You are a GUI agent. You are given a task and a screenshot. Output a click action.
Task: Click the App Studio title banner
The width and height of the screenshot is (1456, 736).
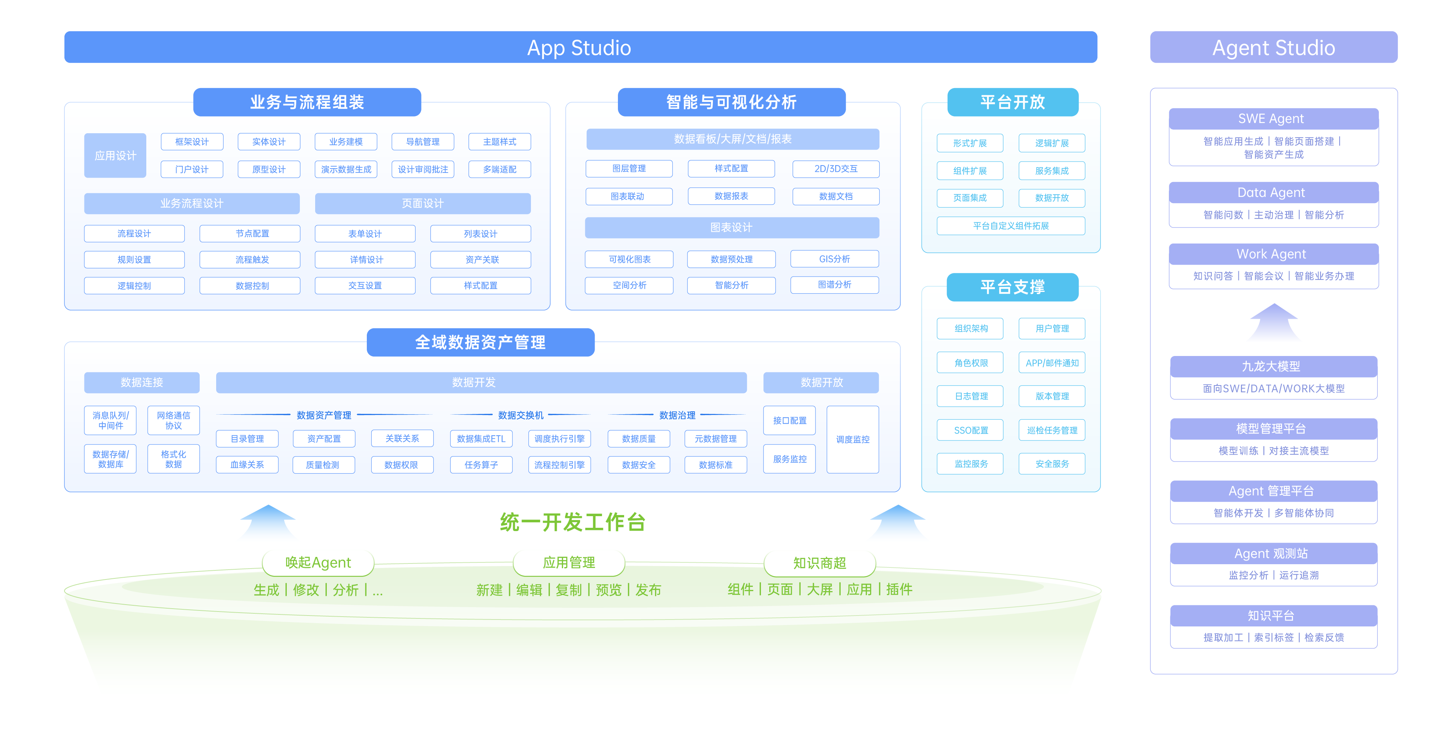[580, 47]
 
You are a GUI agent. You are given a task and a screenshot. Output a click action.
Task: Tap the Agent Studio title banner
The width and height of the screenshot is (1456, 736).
[1273, 47]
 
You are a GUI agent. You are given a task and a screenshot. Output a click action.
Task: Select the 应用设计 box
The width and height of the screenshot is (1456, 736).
[115, 155]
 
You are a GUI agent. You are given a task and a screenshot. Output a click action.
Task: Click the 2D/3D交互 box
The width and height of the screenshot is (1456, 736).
[836, 169]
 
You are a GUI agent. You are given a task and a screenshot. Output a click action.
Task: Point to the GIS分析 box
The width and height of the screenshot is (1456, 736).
[834, 259]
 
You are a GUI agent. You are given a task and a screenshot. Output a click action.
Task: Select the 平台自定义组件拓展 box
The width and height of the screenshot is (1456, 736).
[1010, 226]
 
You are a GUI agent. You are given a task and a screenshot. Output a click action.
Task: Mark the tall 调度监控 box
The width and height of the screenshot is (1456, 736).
[852, 439]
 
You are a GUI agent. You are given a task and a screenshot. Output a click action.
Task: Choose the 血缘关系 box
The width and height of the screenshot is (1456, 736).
[247, 465]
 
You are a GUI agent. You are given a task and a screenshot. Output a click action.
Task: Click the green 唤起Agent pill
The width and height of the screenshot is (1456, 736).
[318, 562]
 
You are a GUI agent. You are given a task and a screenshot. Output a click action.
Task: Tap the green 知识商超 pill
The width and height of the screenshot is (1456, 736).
[819, 562]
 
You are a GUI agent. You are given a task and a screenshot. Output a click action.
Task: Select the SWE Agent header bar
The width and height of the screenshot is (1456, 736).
[1273, 119]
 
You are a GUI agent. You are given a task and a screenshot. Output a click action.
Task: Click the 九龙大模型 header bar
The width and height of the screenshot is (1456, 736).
[1273, 366]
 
